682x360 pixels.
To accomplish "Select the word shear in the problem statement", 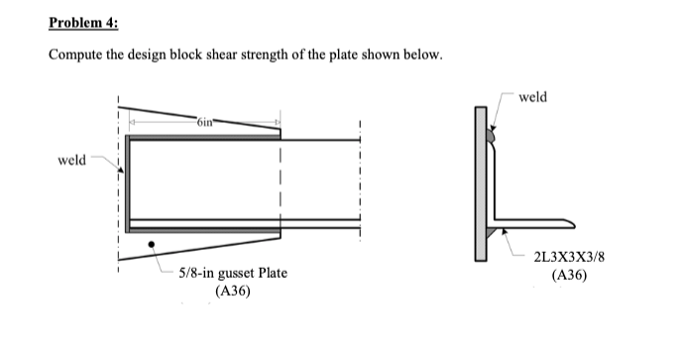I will [x=230, y=54].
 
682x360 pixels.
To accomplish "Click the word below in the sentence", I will [x=416, y=54].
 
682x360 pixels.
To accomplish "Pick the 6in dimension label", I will [x=204, y=121].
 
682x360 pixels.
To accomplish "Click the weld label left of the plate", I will [x=72, y=159].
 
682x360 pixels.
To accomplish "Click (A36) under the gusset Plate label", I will [x=232, y=291].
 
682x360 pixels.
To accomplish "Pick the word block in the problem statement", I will [x=193, y=54].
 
